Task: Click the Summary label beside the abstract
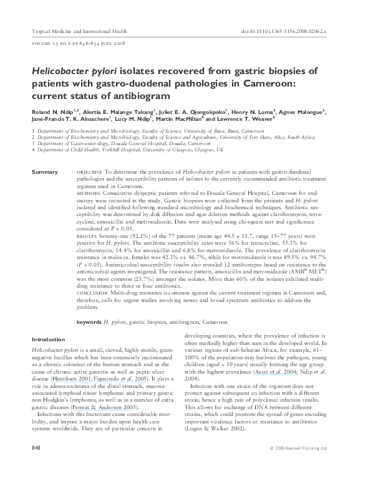pos(45,171)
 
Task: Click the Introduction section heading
pos(48,339)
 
